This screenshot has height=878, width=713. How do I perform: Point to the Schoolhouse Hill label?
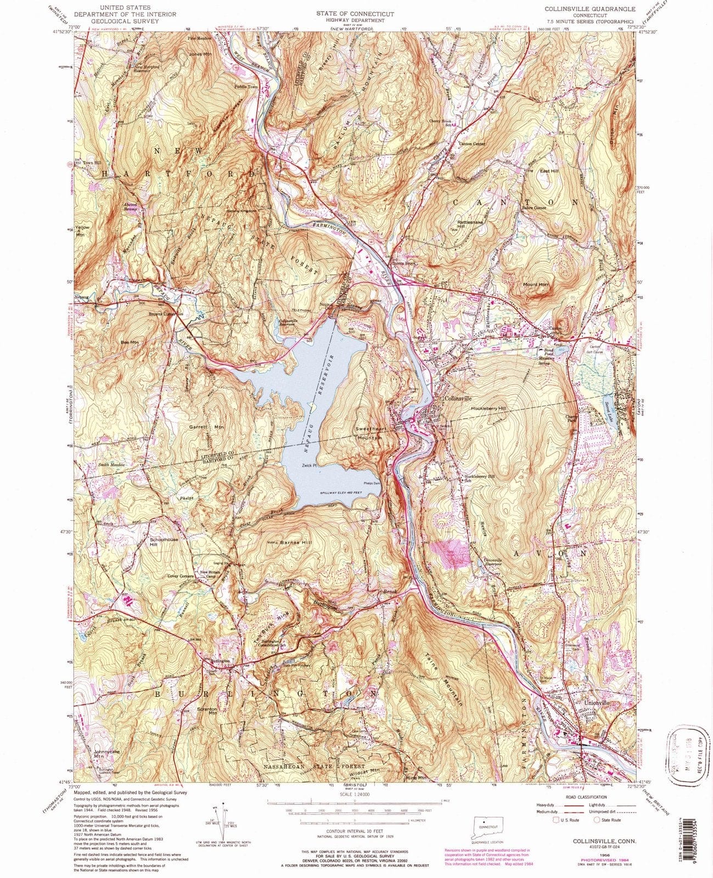(x=161, y=542)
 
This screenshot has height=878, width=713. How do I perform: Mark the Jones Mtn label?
(x=200, y=54)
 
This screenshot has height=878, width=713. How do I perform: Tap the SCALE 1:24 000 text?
(x=355, y=794)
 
